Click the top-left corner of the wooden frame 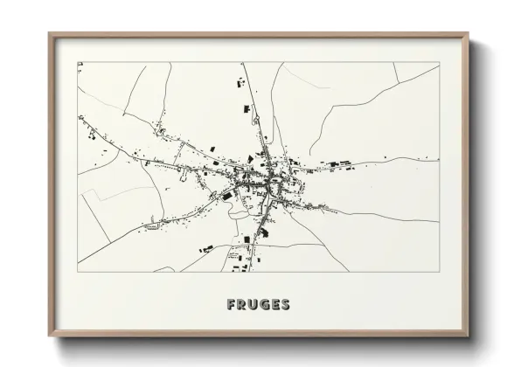tap(50, 34)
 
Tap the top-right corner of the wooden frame tap(469, 34)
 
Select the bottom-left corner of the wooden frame tap(50, 336)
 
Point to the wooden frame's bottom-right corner tap(469, 336)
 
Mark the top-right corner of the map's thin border tap(439, 62)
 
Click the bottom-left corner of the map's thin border tap(78, 272)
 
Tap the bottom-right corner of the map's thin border tap(439, 272)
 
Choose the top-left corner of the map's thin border tap(78, 62)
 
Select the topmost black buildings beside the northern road tap(237, 85)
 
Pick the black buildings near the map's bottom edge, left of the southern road tap(206, 250)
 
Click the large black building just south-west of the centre tap(228, 197)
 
